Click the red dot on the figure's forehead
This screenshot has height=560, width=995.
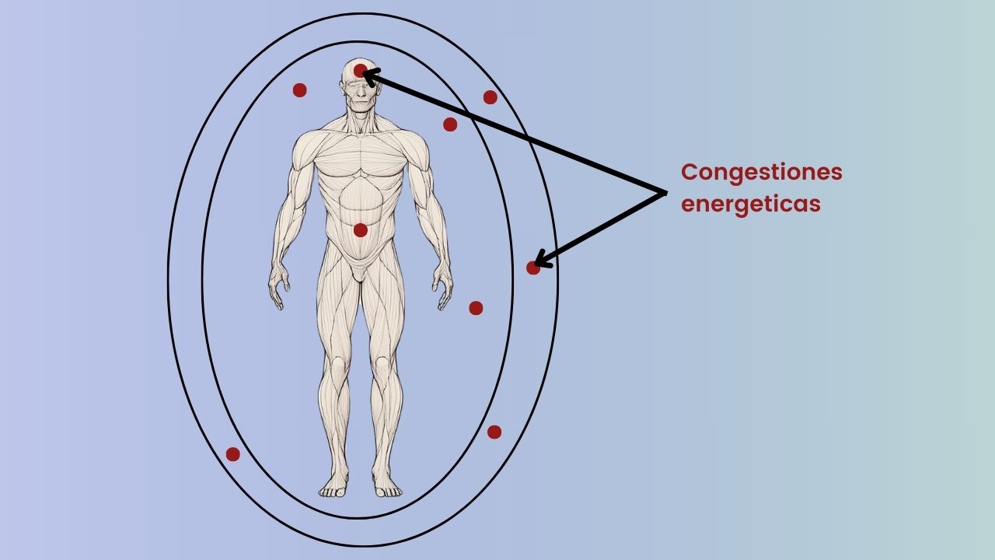pyautogui.click(x=360, y=71)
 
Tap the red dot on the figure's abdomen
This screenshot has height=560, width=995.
pyautogui.click(x=360, y=230)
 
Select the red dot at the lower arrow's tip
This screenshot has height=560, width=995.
pyautogui.click(x=532, y=268)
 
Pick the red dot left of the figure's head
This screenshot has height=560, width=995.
pyautogui.click(x=299, y=90)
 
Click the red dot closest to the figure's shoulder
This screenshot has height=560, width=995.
pyautogui.click(x=450, y=124)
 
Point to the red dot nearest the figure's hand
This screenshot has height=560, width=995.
pyautogui.click(x=476, y=308)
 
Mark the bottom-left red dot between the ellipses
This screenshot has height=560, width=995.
pyautogui.click(x=232, y=454)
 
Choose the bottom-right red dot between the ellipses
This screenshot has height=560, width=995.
pyautogui.click(x=494, y=432)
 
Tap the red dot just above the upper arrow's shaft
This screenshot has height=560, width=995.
pyautogui.click(x=490, y=97)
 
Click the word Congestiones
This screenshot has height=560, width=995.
pyautogui.click(x=761, y=172)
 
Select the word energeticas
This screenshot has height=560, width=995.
pyautogui.click(x=750, y=204)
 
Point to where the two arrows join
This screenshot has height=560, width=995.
pyautogui.click(x=665, y=192)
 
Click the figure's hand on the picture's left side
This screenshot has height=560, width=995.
pyautogui.click(x=277, y=289)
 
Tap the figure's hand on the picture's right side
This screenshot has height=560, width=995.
pyautogui.click(x=443, y=289)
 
